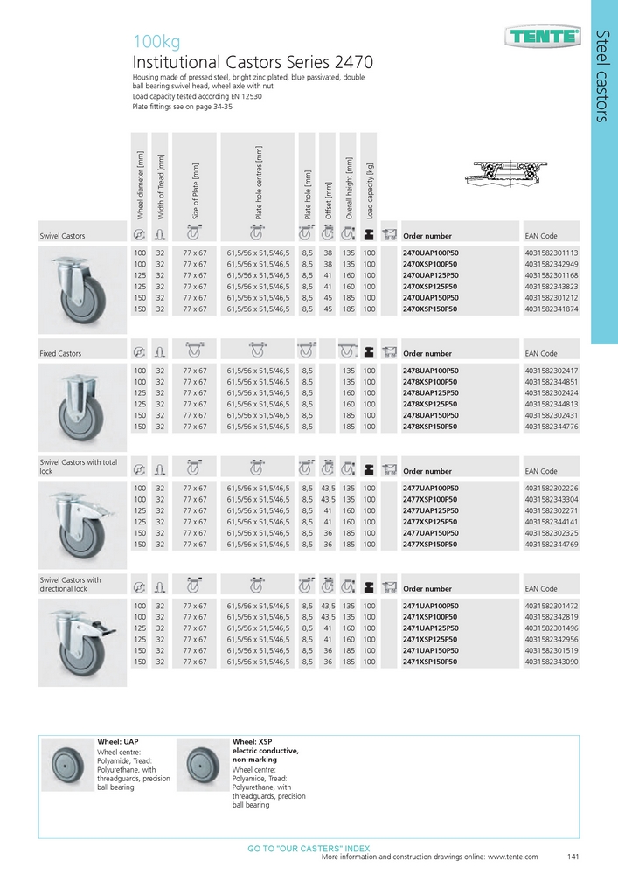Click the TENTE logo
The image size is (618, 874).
click(x=543, y=36)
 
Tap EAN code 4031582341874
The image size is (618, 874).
click(x=552, y=309)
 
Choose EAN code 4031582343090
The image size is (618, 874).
click(x=552, y=662)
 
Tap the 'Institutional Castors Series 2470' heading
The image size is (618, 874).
click(x=253, y=62)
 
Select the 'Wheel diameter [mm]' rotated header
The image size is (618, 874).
click(x=140, y=185)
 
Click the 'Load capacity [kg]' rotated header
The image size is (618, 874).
click(x=370, y=190)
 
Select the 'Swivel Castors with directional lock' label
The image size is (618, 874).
click(x=71, y=584)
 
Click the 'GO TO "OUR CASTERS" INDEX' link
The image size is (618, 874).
click(x=309, y=849)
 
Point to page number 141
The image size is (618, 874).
click(x=574, y=857)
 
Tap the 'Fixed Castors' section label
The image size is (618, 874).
click(x=61, y=354)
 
